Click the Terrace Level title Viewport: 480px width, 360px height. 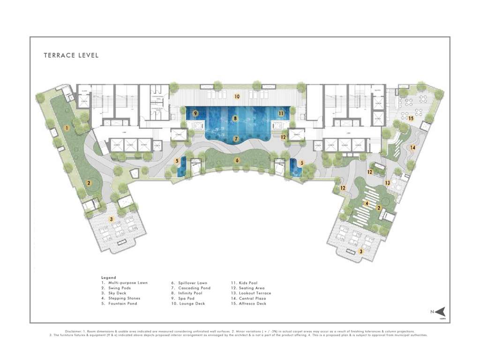tap(71, 55)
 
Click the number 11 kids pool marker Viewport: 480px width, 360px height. tap(281, 113)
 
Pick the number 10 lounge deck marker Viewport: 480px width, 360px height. tap(237, 97)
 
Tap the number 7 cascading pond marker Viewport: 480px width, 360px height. tap(236, 139)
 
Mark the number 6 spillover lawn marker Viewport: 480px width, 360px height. tap(237, 160)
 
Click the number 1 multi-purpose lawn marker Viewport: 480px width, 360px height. tap(67, 127)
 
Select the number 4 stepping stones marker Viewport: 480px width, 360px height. tap(367, 203)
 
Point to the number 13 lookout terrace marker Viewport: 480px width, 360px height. tap(388, 182)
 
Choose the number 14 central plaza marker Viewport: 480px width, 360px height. tap(413, 148)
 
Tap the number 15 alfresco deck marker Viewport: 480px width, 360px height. tap(411, 119)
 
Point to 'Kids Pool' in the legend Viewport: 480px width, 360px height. tap(247, 283)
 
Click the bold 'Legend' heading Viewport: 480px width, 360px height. tap(108, 277)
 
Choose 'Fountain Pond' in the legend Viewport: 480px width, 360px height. tap(120, 304)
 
